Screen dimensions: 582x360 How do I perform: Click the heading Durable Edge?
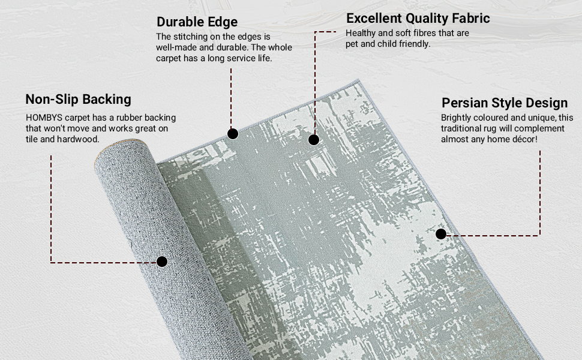(x=197, y=22)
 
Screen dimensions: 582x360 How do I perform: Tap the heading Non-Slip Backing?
(x=78, y=99)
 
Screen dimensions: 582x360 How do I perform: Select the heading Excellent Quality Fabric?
(x=418, y=19)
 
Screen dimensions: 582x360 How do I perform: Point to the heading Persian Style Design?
(x=504, y=103)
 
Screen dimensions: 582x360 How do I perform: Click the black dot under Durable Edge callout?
(x=233, y=133)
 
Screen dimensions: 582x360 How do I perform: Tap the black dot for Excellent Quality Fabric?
(x=313, y=140)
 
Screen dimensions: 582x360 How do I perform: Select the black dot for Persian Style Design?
(x=441, y=234)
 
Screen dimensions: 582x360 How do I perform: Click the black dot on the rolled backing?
(x=161, y=262)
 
